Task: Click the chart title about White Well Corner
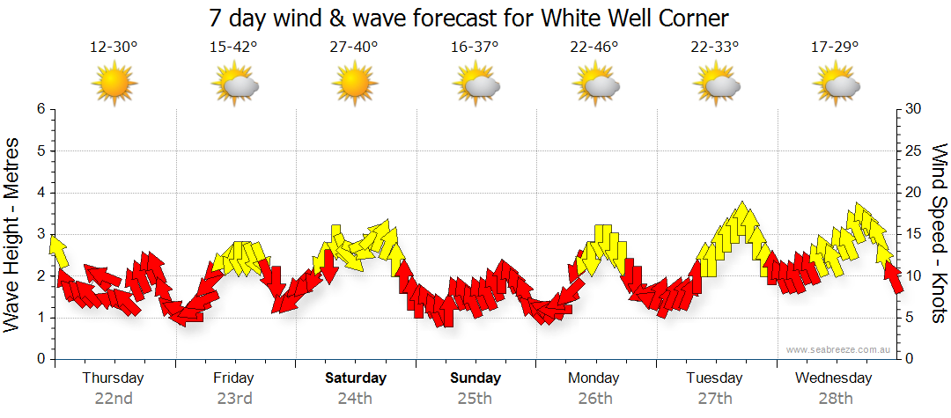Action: click(469, 18)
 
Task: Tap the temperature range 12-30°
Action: click(114, 47)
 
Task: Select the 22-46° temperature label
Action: click(594, 47)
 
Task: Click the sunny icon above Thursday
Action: click(114, 84)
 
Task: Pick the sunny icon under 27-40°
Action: click(354, 84)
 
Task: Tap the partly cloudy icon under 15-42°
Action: click(234, 84)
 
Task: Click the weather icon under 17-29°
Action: click(834, 84)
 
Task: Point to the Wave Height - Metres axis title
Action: click(13, 234)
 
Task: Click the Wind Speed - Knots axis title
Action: click(938, 234)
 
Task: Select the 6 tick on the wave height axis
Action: click(40, 109)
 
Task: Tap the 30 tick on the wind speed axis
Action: click(913, 109)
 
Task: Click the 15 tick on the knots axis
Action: click(913, 234)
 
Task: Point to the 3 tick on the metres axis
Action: click(40, 234)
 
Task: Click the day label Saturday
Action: click(356, 378)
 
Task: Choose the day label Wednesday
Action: click(833, 378)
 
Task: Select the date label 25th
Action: click(475, 399)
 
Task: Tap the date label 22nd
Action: click(114, 399)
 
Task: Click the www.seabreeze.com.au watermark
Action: click(840, 349)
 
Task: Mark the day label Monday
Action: click(593, 378)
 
